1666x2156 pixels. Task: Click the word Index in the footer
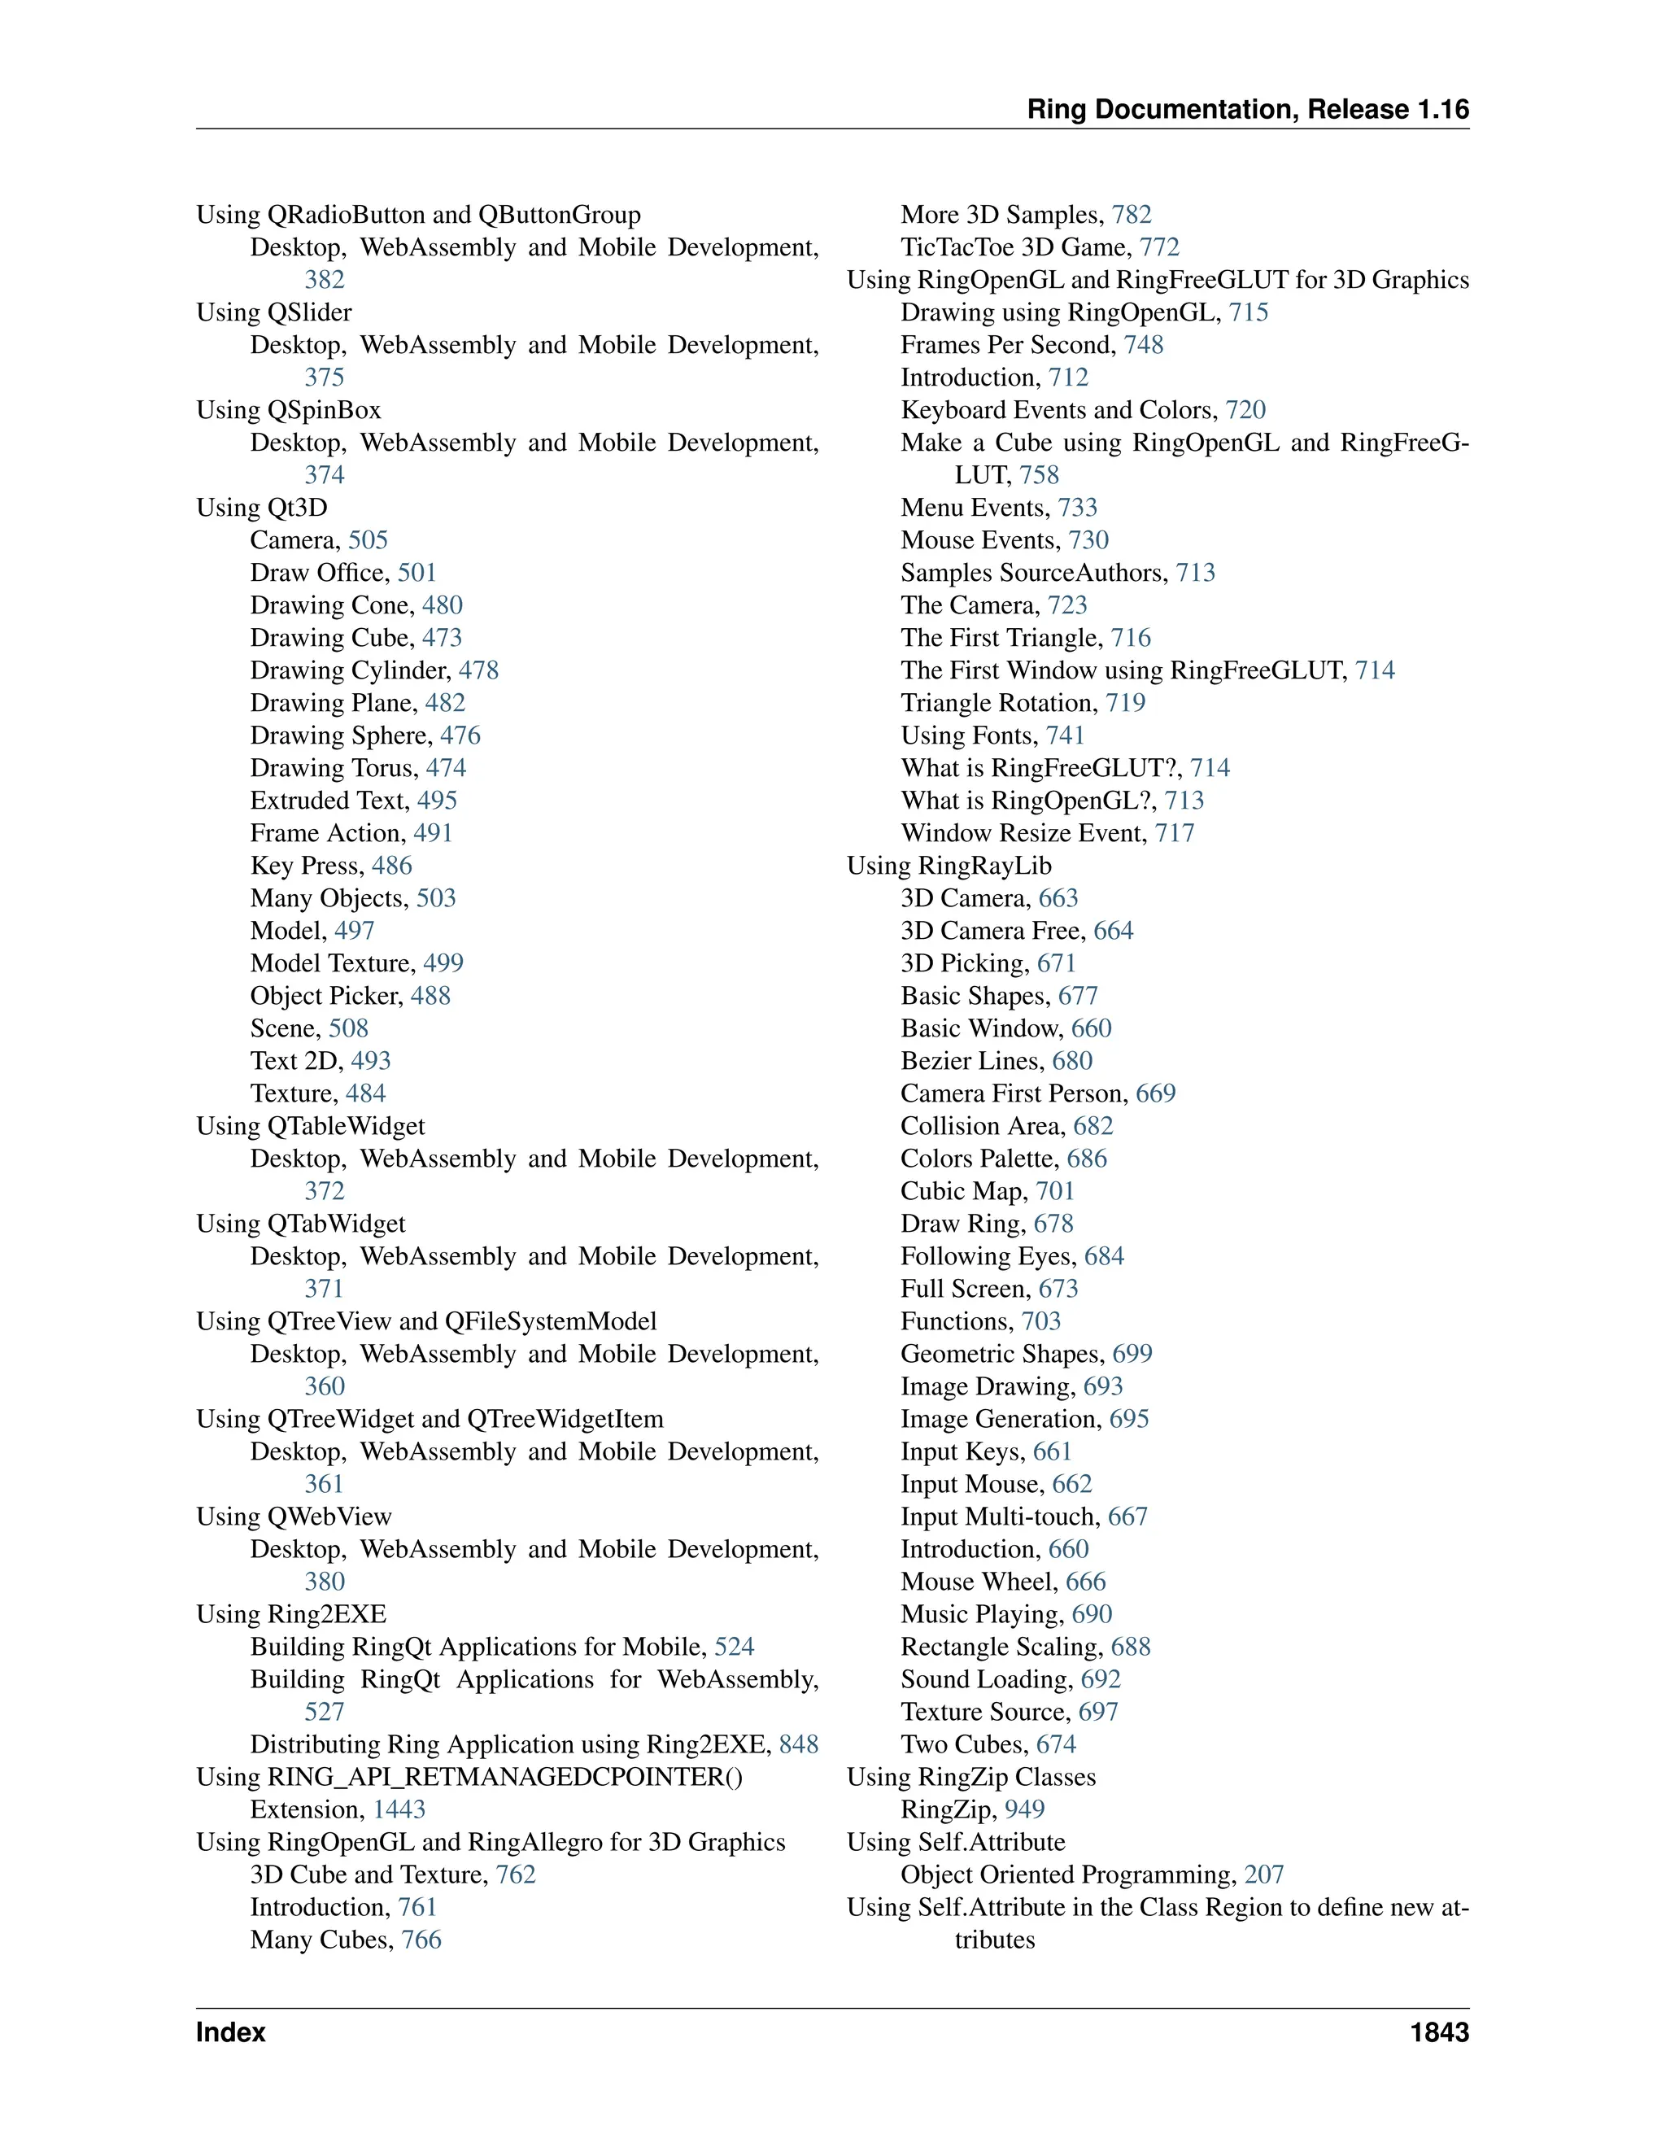pos(231,2032)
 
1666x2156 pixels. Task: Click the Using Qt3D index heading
pos(262,508)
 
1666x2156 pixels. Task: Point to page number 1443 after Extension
pos(399,1809)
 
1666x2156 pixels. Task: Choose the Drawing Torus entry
pos(334,768)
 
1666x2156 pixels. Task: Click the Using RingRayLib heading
pos(949,866)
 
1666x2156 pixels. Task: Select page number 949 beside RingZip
pos(1024,1809)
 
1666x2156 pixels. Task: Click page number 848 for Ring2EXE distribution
pos(799,1744)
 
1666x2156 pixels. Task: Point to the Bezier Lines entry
pos(971,1061)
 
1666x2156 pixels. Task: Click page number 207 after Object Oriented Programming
pos(1263,1874)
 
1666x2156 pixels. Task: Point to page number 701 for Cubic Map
pos(1054,1192)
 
